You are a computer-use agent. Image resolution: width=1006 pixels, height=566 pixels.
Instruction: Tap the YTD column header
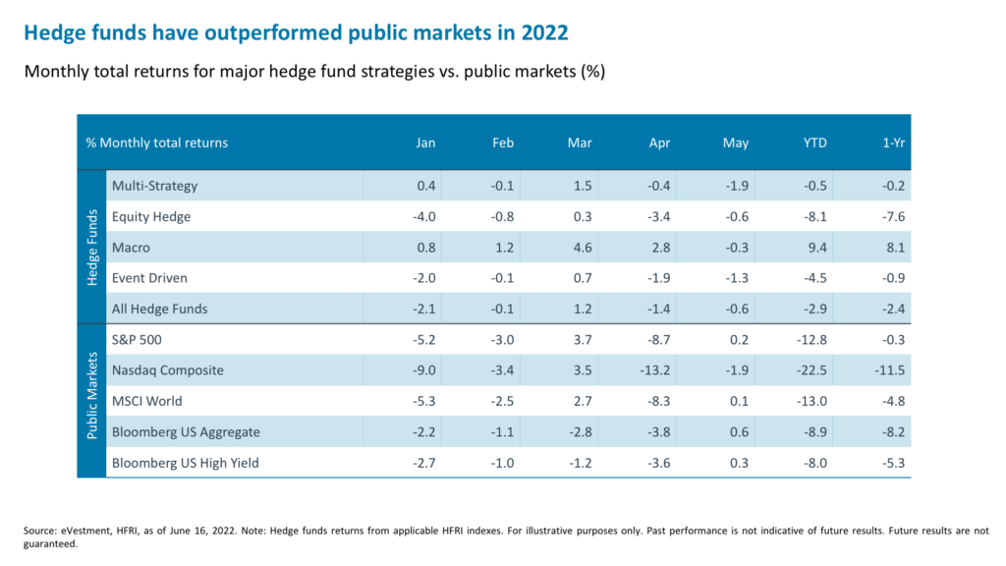point(814,142)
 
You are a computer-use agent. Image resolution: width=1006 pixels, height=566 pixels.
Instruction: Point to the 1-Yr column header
point(895,142)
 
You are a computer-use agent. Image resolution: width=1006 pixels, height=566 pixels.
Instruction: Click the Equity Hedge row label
point(151,216)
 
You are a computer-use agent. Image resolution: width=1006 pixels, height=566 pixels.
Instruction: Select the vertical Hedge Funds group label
point(92,247)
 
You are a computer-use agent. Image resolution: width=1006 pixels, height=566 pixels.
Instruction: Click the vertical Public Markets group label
point(92,401)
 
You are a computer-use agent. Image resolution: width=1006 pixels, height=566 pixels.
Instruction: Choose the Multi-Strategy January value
point(425,186)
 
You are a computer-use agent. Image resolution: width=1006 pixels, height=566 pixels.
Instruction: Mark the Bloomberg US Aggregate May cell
point(738,431)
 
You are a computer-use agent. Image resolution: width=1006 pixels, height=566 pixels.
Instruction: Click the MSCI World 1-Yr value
point(893,401)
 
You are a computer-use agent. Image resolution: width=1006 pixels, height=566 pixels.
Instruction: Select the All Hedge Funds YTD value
point(814,309)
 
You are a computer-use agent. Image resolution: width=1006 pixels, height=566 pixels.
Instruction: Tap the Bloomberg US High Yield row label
point(186,462)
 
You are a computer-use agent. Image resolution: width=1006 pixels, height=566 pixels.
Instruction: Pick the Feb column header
point(503,142)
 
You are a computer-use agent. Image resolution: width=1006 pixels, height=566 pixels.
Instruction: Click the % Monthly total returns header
point(157,142)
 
